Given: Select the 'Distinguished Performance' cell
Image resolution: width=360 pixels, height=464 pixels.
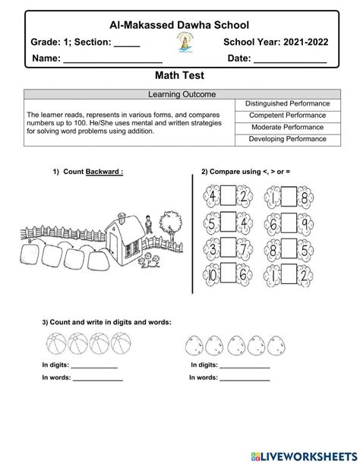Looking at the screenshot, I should click(x=287, y=103).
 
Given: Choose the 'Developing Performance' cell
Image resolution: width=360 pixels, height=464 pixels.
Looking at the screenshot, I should click(x=287, y=139).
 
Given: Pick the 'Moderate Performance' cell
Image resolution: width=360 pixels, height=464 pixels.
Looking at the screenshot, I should click(x=287, y=127).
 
